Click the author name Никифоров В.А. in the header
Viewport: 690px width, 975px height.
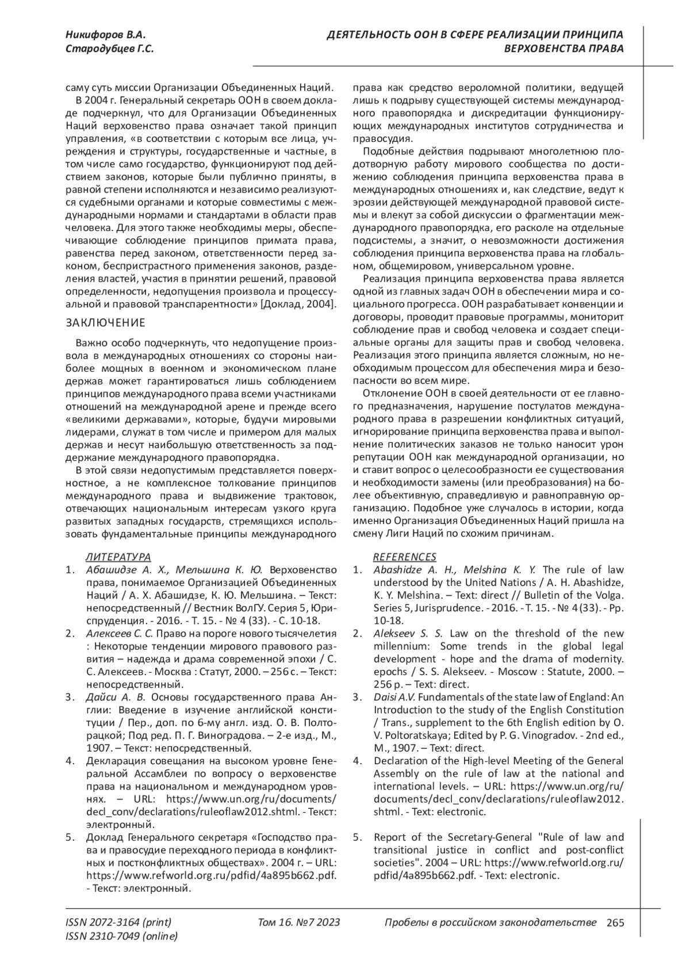pos(101,35)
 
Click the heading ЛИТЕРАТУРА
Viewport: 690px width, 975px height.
pos(118,557)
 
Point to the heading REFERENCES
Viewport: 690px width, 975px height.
pos(405,557)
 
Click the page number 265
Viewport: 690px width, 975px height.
pos(615,923)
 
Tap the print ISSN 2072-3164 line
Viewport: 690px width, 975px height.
pos(119,923)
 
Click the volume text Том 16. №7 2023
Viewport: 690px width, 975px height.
pos(299,923)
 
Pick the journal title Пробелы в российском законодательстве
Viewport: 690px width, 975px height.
pos(490,923)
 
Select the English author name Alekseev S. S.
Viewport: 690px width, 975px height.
pos(408,634)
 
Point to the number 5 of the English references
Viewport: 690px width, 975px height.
pos(357,837)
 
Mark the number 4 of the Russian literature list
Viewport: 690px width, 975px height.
pos(70,761)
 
